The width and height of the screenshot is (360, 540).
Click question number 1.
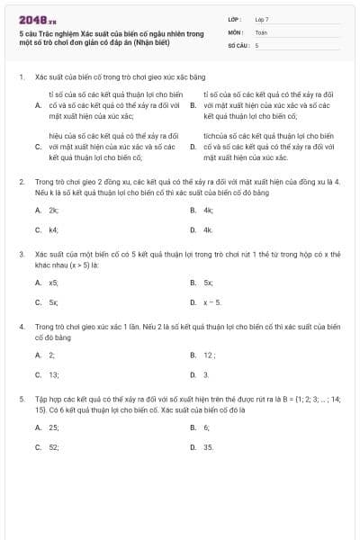21,78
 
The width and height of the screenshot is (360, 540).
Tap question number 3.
21,255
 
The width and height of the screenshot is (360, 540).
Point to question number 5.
21,396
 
